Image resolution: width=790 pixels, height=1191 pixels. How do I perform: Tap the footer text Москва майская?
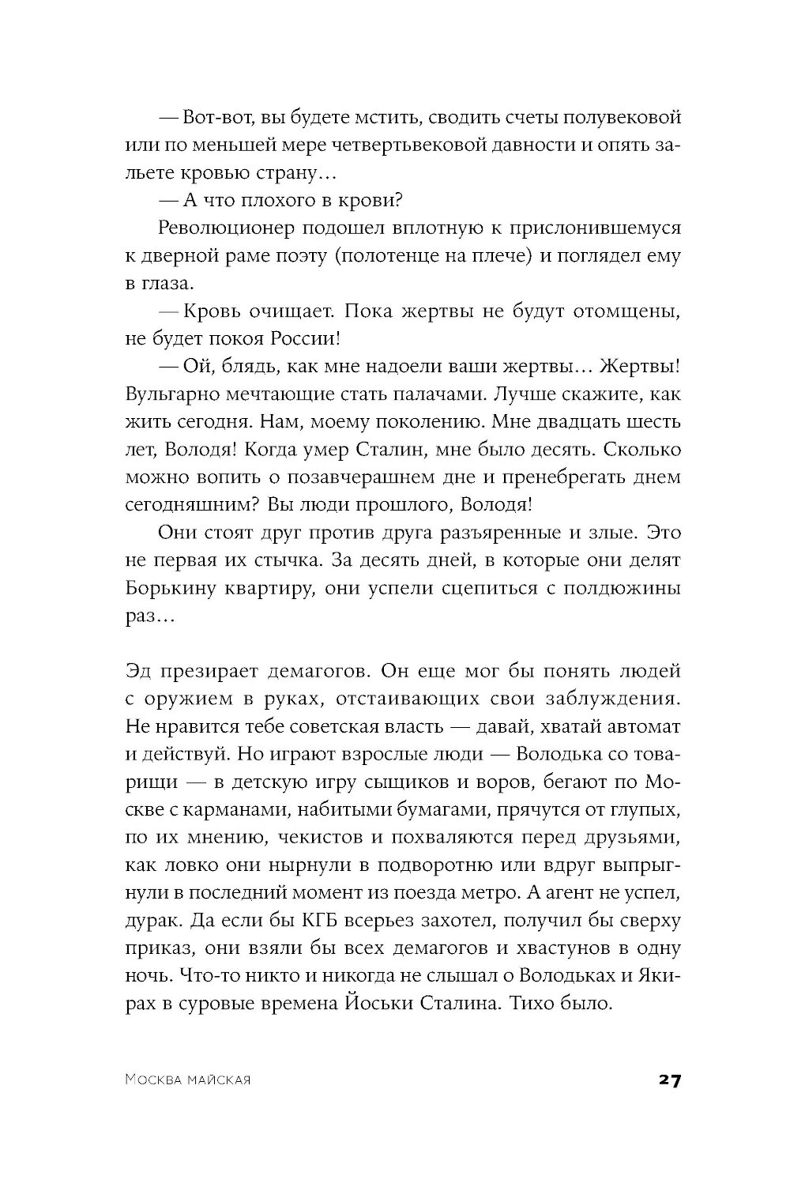point(187,1080)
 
